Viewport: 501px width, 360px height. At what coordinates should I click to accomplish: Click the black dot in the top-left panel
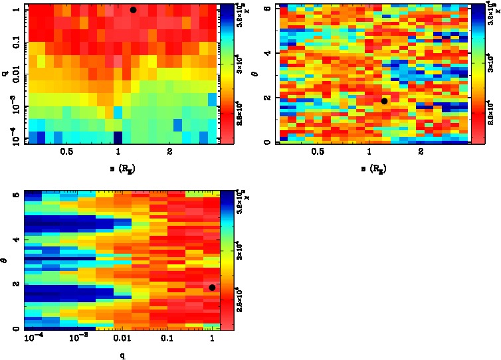coord(134,10)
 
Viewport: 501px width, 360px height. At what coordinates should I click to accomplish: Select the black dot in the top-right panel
coord(384,101)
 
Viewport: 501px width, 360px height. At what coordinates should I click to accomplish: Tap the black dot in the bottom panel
coord(212,288)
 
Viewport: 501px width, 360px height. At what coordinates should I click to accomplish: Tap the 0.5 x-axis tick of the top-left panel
coord(66,152)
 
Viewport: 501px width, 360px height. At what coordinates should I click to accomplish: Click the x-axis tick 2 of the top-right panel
coord(421,152)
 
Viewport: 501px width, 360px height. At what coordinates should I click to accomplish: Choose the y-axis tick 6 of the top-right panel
coord(267,7)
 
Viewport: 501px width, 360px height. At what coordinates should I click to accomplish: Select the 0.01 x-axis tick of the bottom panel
coord(122,339)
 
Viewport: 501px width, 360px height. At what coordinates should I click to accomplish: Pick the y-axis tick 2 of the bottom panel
coord(17,284)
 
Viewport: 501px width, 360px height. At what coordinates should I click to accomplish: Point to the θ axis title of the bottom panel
coord(5,262)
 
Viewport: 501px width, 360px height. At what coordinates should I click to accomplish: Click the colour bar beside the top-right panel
coord(476,73)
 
